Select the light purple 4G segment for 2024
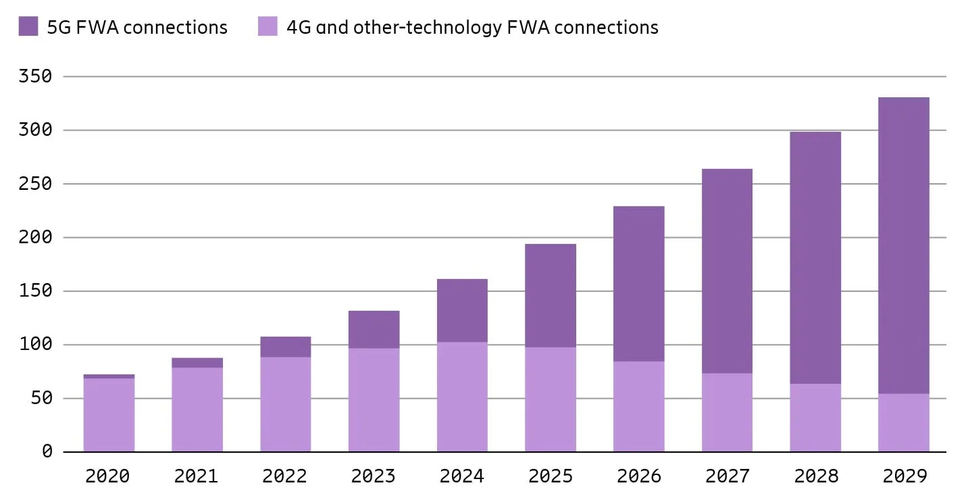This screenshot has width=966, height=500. click(x=462, y=397)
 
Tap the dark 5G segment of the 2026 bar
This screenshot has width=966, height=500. click(x=638, y=284)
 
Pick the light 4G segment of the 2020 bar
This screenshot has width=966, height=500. click(x=109, y=415)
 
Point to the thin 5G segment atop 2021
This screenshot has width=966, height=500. click(x=197, y=363)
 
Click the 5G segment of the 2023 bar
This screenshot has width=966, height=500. click(x=374, y=330)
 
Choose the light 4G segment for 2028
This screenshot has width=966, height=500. click(x=815, y=418)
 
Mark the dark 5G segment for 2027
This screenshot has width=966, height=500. click(x=727, y=271)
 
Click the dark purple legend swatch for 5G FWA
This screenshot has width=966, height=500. click(x=28, y=27)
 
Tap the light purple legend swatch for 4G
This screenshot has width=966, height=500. click(x=268, y=27)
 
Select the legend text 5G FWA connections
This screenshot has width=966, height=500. click(x=137, y=27)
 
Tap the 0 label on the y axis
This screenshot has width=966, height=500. click(x=47, y=451)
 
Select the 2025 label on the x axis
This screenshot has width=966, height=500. click(x=551, y=476)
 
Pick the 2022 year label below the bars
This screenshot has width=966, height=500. click(x=284, y=476)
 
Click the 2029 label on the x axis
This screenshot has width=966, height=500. click(x=904, y=476)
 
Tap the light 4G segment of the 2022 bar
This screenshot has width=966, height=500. click(x=285, y=404)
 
